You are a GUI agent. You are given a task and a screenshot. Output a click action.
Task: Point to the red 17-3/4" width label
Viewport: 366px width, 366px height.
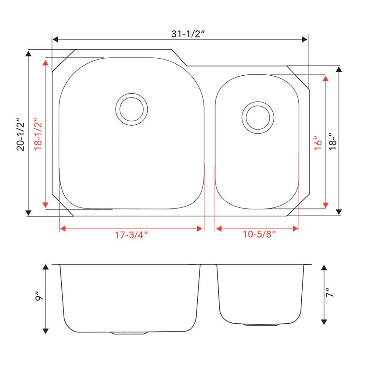point(131,235)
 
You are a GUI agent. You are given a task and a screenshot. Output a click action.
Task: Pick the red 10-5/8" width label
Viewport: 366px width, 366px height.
point(260,235)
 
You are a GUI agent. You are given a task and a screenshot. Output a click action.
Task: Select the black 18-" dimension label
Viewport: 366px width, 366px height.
point(333,142)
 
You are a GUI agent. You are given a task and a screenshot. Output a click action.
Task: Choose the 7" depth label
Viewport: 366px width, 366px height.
point(329,292)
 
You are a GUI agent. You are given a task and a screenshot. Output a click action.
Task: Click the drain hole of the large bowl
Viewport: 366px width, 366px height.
point(131,109)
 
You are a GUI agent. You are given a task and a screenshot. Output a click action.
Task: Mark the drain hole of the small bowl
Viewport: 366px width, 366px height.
point(258,118)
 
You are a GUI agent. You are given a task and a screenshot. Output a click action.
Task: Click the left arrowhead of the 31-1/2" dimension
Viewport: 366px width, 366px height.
point(55,39)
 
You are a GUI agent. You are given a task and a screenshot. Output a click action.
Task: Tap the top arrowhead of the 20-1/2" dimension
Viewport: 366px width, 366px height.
point(28,54)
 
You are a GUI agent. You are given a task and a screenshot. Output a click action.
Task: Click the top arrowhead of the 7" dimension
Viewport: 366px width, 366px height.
point(324,267)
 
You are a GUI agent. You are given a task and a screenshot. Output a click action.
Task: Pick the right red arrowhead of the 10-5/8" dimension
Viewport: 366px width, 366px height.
point(295,229)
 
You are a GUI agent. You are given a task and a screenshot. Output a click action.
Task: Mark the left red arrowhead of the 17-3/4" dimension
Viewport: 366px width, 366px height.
point(62,229)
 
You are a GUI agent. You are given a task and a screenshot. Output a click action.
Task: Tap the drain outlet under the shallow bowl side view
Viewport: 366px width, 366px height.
point(262,325)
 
